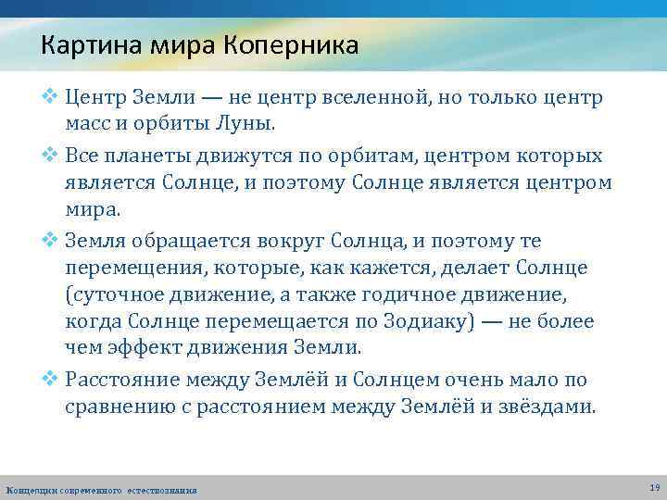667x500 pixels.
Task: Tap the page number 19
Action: (x=655, y=487)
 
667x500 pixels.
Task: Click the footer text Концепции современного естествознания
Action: (x=101, y=489)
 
